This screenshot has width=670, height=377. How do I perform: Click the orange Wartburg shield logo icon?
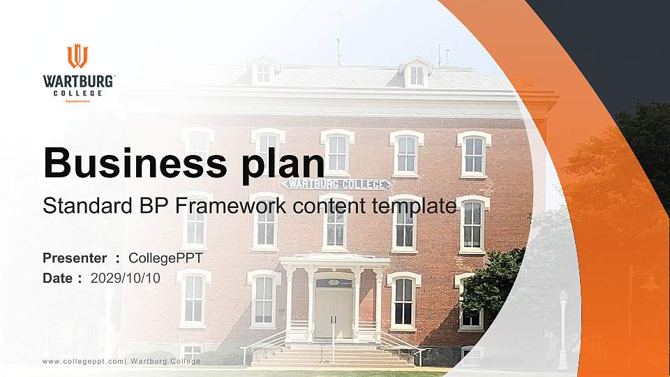(x=77, y=56)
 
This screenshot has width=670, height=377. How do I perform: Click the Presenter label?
(x=75, y=258)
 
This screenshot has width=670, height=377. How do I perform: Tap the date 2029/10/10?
(x=126, y=278)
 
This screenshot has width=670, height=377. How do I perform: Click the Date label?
(x=58, y=278)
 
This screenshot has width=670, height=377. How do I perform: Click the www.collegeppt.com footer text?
(x=83, y=361)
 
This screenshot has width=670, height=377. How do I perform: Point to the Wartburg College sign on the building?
(x=336, y=184)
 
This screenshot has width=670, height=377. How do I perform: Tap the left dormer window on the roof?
(x=263, y=71)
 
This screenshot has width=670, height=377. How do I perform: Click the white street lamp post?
(x=563, y=328)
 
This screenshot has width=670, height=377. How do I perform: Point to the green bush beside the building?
(x=492, y=283)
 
